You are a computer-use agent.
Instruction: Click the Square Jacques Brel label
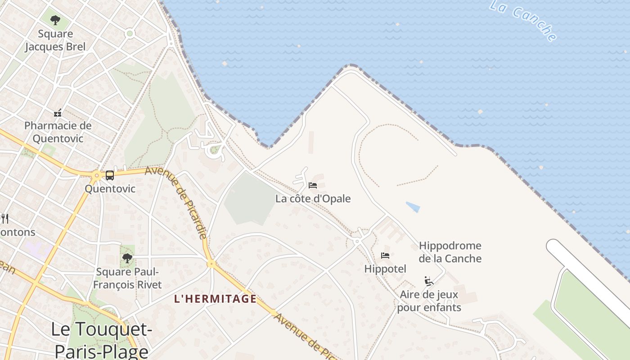click(55, 40)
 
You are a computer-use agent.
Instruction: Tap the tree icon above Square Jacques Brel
click(55, 20)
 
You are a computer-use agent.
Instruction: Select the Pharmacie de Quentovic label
click(58, 132)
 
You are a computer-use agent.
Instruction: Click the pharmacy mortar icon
click(58, 112)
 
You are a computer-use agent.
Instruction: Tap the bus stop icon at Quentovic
click(110, 175)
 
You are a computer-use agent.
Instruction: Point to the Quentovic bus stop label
click(110, 189)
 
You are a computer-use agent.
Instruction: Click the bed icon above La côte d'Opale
click(313, 185)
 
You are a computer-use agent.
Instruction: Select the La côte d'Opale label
click(313, 198)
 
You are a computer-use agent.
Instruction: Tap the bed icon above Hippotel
click(385, 256)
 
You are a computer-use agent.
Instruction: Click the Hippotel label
click(385, 269)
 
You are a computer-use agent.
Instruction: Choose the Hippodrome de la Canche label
click(450, 252)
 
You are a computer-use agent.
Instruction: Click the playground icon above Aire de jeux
click(429, 282)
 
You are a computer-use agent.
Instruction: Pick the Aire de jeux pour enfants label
click(429, 301)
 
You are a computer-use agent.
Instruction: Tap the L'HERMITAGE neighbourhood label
click(215, 299)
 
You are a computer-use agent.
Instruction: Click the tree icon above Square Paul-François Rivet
click(127, 258)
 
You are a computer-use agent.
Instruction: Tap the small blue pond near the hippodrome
click(413, 207)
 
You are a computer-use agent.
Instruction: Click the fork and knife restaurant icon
click(5, 219)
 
